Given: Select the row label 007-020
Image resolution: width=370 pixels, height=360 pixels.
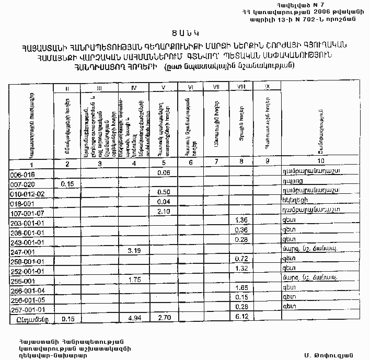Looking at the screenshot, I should point(22,184).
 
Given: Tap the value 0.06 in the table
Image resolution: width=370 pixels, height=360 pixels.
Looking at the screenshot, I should point(164,172).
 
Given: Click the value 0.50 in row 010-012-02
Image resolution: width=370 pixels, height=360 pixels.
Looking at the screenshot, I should point(164,193).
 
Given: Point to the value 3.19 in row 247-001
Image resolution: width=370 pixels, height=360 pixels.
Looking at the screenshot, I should point(135,251).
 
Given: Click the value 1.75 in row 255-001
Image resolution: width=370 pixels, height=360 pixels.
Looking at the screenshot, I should point(135,280).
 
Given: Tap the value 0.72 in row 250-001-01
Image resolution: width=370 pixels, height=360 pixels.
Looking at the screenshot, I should point(241,260).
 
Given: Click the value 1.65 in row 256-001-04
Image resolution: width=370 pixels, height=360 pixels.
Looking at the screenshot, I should point(241,288).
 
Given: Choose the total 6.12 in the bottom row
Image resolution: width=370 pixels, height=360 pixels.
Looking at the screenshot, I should point(241,317).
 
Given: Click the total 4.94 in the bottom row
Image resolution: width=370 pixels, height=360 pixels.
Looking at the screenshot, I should point(135,317).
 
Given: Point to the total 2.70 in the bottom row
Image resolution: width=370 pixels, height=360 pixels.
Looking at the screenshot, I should point(164,317).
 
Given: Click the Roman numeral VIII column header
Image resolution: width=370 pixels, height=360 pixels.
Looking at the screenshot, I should point(241,87).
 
